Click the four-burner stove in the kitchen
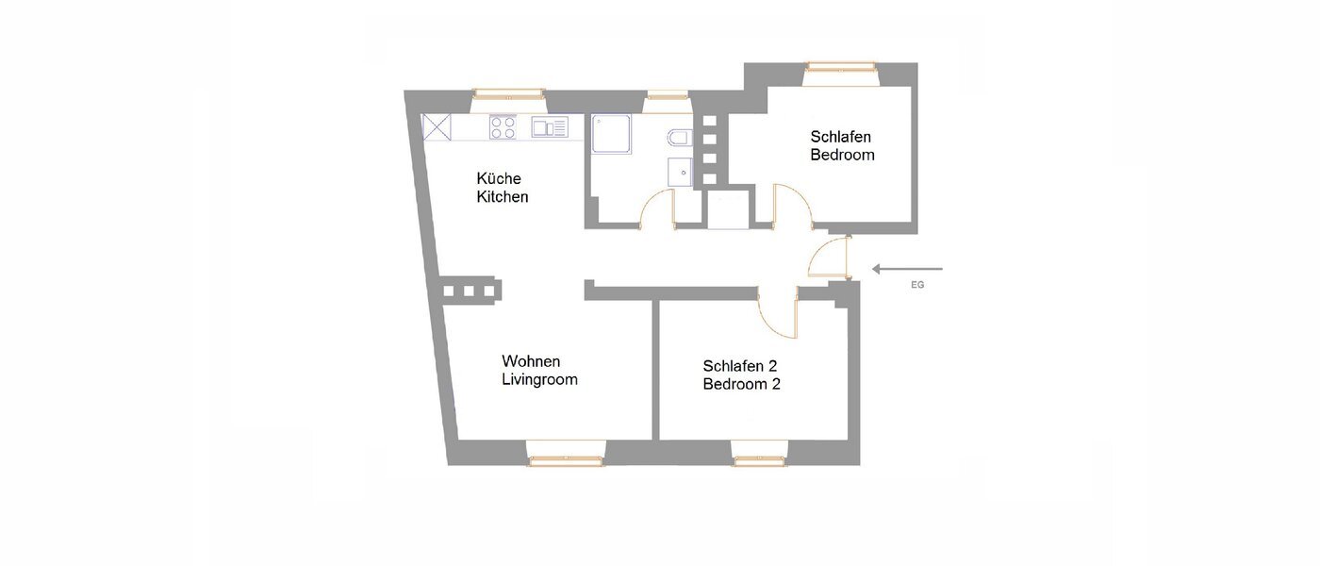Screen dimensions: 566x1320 tap(503, 127)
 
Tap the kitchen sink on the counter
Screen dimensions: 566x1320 tap(549, 126)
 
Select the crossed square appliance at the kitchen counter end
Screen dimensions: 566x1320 tap(436, 126)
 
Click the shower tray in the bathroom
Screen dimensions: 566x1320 tap(612, 134)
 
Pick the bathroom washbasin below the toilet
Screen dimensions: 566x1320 tap(679, 173)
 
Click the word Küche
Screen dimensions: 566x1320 tap(499, 178)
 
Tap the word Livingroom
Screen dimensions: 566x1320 tap(539, 380)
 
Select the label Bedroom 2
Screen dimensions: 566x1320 tap(741, 385)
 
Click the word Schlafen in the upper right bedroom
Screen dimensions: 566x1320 tap(841, 136)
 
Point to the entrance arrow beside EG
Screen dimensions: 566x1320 tap(906, 270)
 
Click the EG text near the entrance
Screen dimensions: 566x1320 tap(917, 284)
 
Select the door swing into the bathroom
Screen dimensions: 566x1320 tap(656, 209)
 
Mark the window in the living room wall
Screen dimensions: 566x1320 tap(565, 459)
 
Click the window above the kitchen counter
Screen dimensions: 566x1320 tap(508, 93)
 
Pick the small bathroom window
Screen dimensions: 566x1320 tap(667, 94)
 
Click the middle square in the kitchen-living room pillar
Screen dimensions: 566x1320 tap(469, 291)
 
